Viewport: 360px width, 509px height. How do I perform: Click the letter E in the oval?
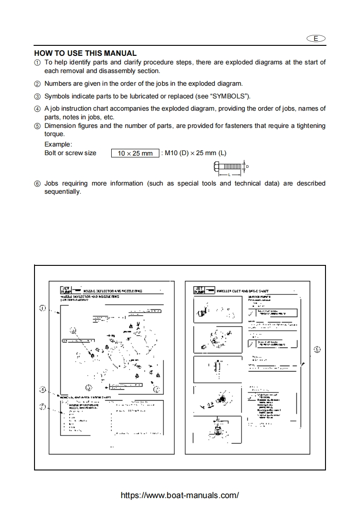pyautogui.click(x=316, y=39)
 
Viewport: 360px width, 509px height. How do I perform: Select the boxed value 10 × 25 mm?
pyautogui.click(x=135, y=153)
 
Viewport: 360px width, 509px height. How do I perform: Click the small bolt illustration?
pyautogui.click(x=228, y=168)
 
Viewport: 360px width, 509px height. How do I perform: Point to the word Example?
pyautogui.click(x=58, y=144)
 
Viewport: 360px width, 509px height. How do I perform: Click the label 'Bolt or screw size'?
pyautogui.click(x=70, y=153)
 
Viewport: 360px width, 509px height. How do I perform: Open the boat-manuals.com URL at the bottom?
pyautogui.click(x=180, y=495)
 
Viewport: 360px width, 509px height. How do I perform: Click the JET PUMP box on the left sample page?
pyautogui.click(x=66, y=290)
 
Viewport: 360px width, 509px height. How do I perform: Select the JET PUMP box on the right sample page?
pyautogui.click(x=199, y=290)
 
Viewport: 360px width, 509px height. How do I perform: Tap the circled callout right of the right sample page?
pyautogui.click(x=317, y=349)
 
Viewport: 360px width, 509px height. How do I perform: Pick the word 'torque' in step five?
pyautogui.click(x=54, y=134)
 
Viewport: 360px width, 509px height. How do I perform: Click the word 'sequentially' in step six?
pyautogui.click(x=62, y=192)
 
